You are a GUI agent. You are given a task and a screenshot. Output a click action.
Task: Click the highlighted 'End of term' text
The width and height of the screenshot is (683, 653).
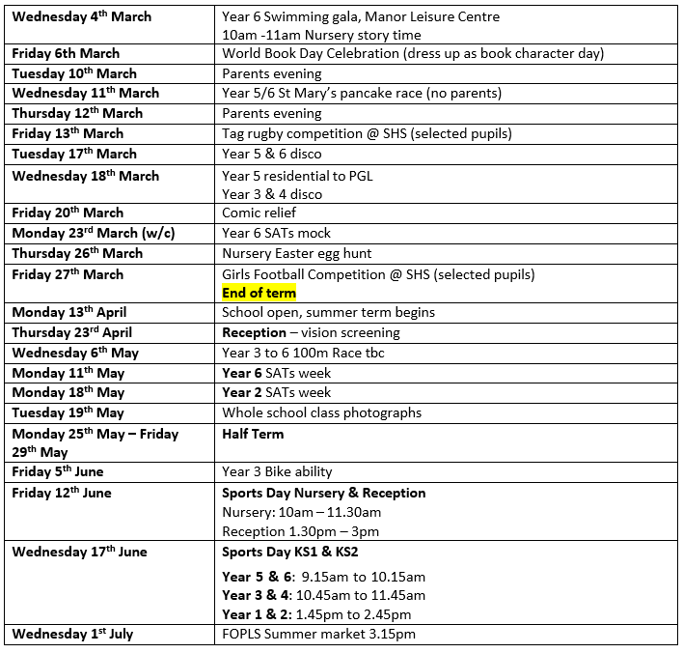tap(259, 293)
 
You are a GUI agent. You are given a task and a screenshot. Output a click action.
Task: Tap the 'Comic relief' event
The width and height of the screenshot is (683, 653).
tap(260, 213)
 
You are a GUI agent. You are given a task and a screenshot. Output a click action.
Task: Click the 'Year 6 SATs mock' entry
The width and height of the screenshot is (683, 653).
tap(276, 233)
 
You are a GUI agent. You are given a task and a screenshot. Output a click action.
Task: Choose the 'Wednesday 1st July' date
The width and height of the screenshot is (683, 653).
tap(72, 635)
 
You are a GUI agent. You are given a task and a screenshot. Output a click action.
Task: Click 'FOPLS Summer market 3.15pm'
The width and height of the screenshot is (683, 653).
tap(319, 635)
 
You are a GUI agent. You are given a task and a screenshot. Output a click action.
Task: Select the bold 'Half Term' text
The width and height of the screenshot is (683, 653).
tap(253, 434)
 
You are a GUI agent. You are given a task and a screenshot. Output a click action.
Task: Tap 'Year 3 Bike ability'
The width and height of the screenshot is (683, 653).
tap(277, 472)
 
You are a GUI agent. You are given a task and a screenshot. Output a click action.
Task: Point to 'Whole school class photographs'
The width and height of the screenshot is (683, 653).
tap(321, 412)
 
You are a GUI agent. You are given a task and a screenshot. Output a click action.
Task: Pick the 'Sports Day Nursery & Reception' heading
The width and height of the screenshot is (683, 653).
tap(323, 493)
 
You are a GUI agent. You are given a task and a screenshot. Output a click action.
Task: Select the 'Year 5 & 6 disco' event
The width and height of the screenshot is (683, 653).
tap(272, 154)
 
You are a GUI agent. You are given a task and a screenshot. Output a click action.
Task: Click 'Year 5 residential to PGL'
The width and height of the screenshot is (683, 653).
tap(297, 176)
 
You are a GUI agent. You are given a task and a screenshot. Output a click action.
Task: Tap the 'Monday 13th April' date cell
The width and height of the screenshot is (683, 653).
tap(69, 312)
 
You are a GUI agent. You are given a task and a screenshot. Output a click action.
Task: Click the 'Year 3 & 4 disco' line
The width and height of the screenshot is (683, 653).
tap(272, 194)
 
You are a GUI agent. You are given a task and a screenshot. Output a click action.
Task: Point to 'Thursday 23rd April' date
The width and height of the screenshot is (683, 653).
tap(72, 332)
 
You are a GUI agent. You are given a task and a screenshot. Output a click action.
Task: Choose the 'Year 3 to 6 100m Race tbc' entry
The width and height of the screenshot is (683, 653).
tap(303, 353)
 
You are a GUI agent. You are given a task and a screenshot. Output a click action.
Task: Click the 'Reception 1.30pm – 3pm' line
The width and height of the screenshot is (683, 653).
tap(301, 531)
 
